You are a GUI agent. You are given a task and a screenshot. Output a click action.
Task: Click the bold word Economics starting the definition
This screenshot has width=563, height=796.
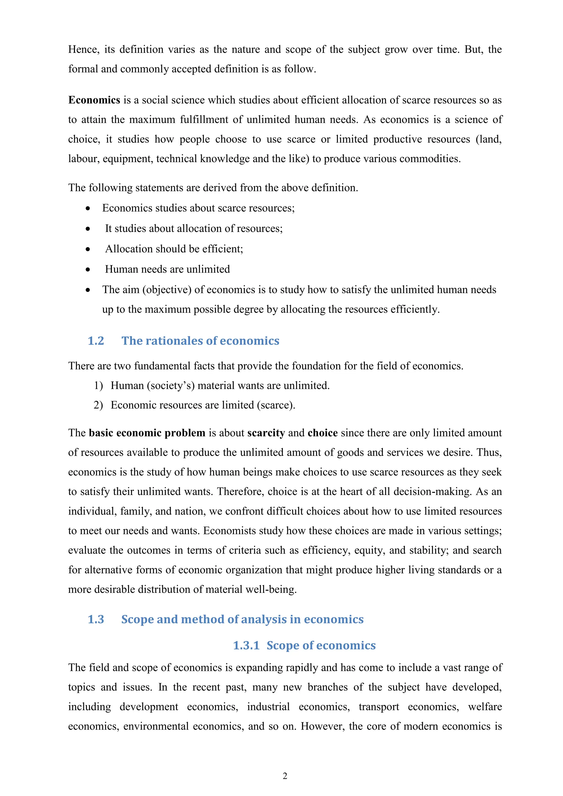tap(94, 100)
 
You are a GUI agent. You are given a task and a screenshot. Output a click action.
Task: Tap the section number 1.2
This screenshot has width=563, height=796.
tap(96, 341)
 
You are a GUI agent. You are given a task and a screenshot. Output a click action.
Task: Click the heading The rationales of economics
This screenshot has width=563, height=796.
tap(200, 341)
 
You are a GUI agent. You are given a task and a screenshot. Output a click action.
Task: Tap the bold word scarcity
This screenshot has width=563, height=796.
tap(266, 433)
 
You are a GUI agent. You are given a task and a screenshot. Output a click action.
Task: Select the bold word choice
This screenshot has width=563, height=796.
tap(322, 433)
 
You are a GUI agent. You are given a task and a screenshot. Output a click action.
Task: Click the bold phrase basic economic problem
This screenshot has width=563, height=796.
tap(147, 433)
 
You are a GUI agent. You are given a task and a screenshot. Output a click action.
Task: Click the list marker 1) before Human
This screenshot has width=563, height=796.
tap(98, 386)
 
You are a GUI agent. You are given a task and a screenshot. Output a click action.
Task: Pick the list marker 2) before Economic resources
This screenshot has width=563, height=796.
tap(98, 405)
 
